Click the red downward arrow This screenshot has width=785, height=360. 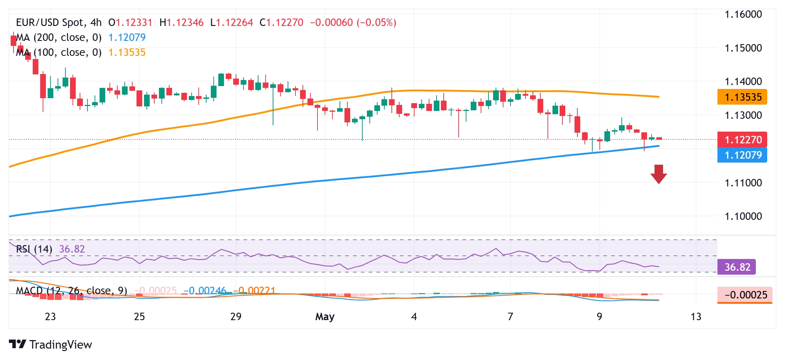point(658,174)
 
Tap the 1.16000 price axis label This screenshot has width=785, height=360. point(743,14)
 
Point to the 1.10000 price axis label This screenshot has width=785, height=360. point(743,216)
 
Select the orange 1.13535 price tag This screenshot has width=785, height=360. point(742,97)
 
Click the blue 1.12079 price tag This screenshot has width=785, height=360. point(742,155)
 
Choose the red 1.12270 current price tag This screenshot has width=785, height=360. point(742,139)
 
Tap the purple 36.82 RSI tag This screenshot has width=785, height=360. point(737,267)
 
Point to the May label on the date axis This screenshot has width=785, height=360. point(325,316)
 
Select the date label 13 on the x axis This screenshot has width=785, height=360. point(696,316)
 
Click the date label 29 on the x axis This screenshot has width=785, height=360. point(236,316)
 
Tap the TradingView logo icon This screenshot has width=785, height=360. point(17,344)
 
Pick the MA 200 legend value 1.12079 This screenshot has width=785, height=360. point(127,37)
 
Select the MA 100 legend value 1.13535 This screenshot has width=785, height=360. point(127,52)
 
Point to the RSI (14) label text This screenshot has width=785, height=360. point(34,249)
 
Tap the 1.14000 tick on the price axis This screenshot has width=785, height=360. point(743,81)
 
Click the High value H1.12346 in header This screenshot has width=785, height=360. point(181,22)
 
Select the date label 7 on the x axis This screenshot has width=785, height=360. point(510,316)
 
